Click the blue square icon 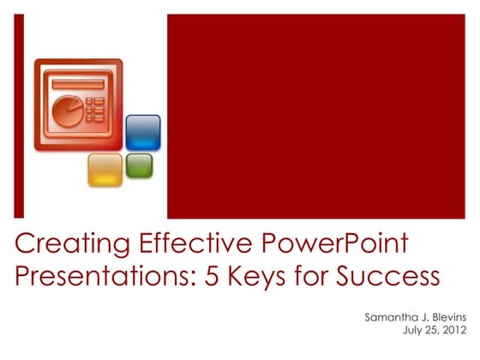143,132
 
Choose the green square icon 139,165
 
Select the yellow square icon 105,169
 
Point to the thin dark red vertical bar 19,116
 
